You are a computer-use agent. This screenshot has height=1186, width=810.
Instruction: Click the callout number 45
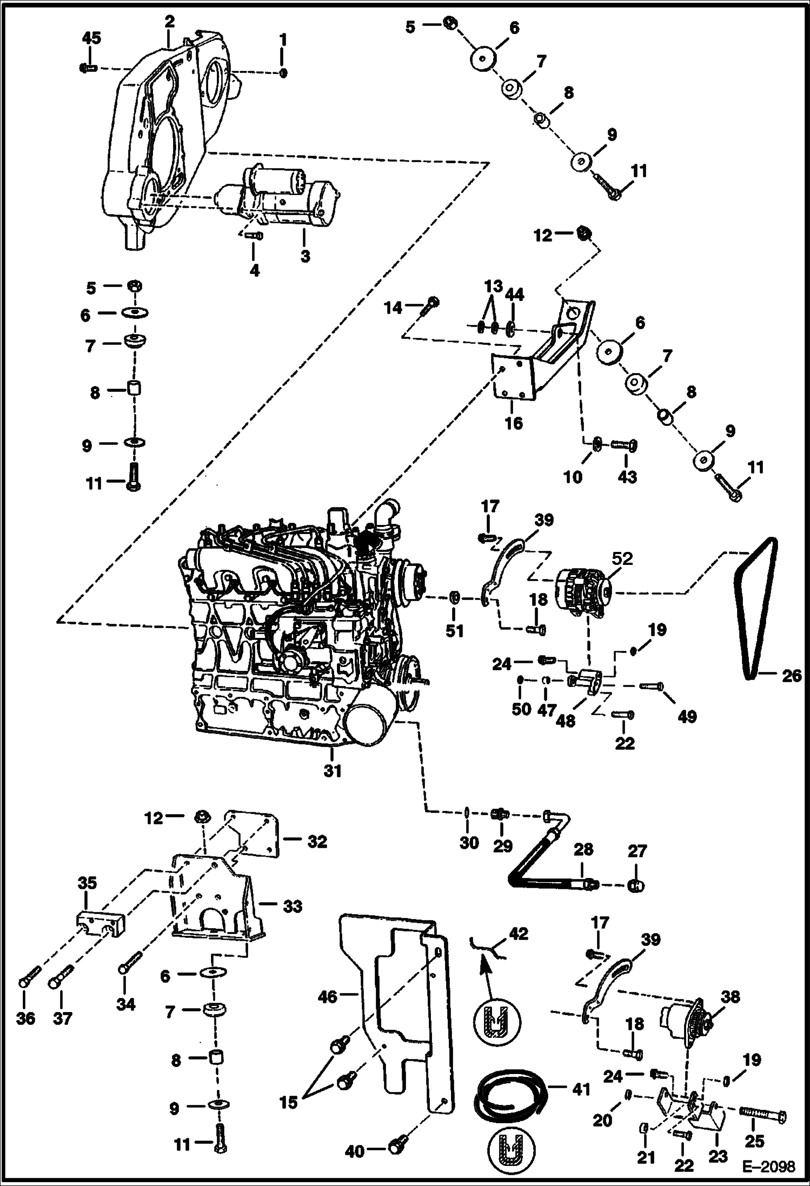tap(91, 38)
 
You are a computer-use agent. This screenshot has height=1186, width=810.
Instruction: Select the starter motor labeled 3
tap(281, 197)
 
